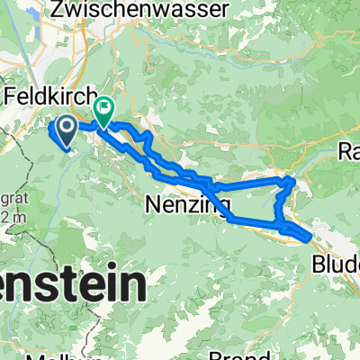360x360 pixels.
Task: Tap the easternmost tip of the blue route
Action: (x=311, y=238)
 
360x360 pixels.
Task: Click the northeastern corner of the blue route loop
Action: (x=291, y=180)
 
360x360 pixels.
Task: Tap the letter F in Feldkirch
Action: (x=11, y=95)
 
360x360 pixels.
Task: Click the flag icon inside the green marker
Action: (x=103, y=108)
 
